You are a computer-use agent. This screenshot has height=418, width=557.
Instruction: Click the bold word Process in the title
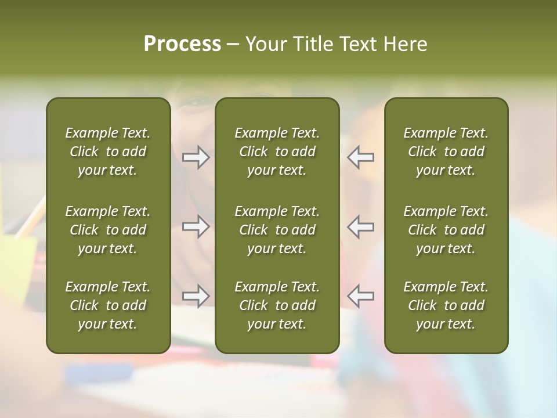click(182, 44)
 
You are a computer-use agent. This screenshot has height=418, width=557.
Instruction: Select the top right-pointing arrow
click(196, 157)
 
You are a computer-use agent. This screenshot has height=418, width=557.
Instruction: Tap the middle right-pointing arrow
click(196, 226)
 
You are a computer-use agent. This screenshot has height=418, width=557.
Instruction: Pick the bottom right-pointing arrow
click(196, 296)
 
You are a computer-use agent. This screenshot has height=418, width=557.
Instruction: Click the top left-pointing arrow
click(360, 157)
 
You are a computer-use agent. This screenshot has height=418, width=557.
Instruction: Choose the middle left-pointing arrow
click(360, 226)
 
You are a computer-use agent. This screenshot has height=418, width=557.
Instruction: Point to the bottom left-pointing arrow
click(360, 296)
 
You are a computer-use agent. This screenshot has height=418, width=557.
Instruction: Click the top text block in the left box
click(108, 152)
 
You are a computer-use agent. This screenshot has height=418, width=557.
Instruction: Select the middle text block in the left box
click(108, 230)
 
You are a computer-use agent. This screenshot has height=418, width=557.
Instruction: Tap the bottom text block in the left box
click(108, 305)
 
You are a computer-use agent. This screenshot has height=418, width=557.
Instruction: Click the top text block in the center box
click(277, 152)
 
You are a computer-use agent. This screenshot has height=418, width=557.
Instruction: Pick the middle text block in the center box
click(277, 230)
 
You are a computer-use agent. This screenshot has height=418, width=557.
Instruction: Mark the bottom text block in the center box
click(277, 305)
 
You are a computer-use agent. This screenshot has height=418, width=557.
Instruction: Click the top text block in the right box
click(446, 152)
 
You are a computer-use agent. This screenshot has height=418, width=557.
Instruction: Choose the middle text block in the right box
click(446, 230)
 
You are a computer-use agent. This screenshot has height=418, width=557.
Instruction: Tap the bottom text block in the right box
click(446, 305)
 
